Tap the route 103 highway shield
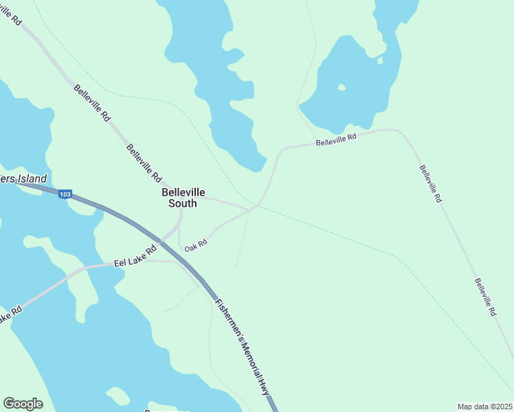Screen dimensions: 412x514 tap(65, 194)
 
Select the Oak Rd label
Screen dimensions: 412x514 tap(196, 244)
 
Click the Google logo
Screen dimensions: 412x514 tap(23, 404)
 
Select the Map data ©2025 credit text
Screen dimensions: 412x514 tap(484, 407)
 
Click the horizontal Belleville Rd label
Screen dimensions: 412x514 tap(336, 140)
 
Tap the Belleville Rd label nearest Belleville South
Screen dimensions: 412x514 tap(144, 163)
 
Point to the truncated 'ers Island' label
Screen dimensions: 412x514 tap(23, 179)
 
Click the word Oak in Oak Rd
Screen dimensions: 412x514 tap(190, 246)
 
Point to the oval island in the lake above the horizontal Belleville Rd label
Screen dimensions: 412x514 tap(342, 87)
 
